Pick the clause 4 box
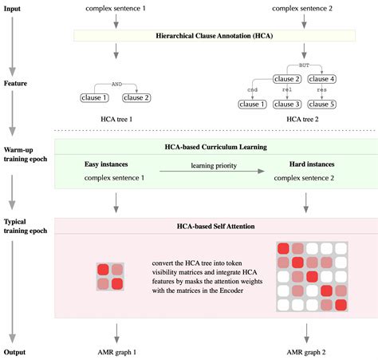point(322,78)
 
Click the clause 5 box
point(322,105)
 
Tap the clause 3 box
point(287,105)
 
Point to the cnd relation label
point(253,91)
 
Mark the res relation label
point(322,91)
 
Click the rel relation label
point(287,91)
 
